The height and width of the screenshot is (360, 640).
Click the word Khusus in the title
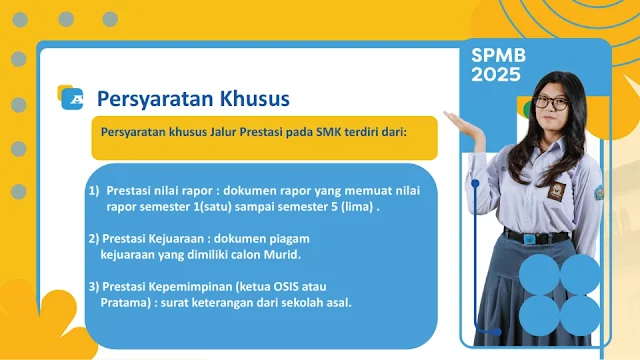(255, 98)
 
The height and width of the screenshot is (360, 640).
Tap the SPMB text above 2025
(499, 56)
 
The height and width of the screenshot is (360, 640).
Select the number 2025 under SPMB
(496, 74)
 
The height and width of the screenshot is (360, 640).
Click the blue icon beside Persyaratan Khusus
(72, 99)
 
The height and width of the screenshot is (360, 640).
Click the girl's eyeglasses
(551, 102)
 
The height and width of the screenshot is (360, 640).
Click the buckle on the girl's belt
(529, 239)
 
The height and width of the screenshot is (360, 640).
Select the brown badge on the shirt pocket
(556, 191)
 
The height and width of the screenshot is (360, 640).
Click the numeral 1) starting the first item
(94, 191)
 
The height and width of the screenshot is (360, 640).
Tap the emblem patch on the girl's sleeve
(599, 193)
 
